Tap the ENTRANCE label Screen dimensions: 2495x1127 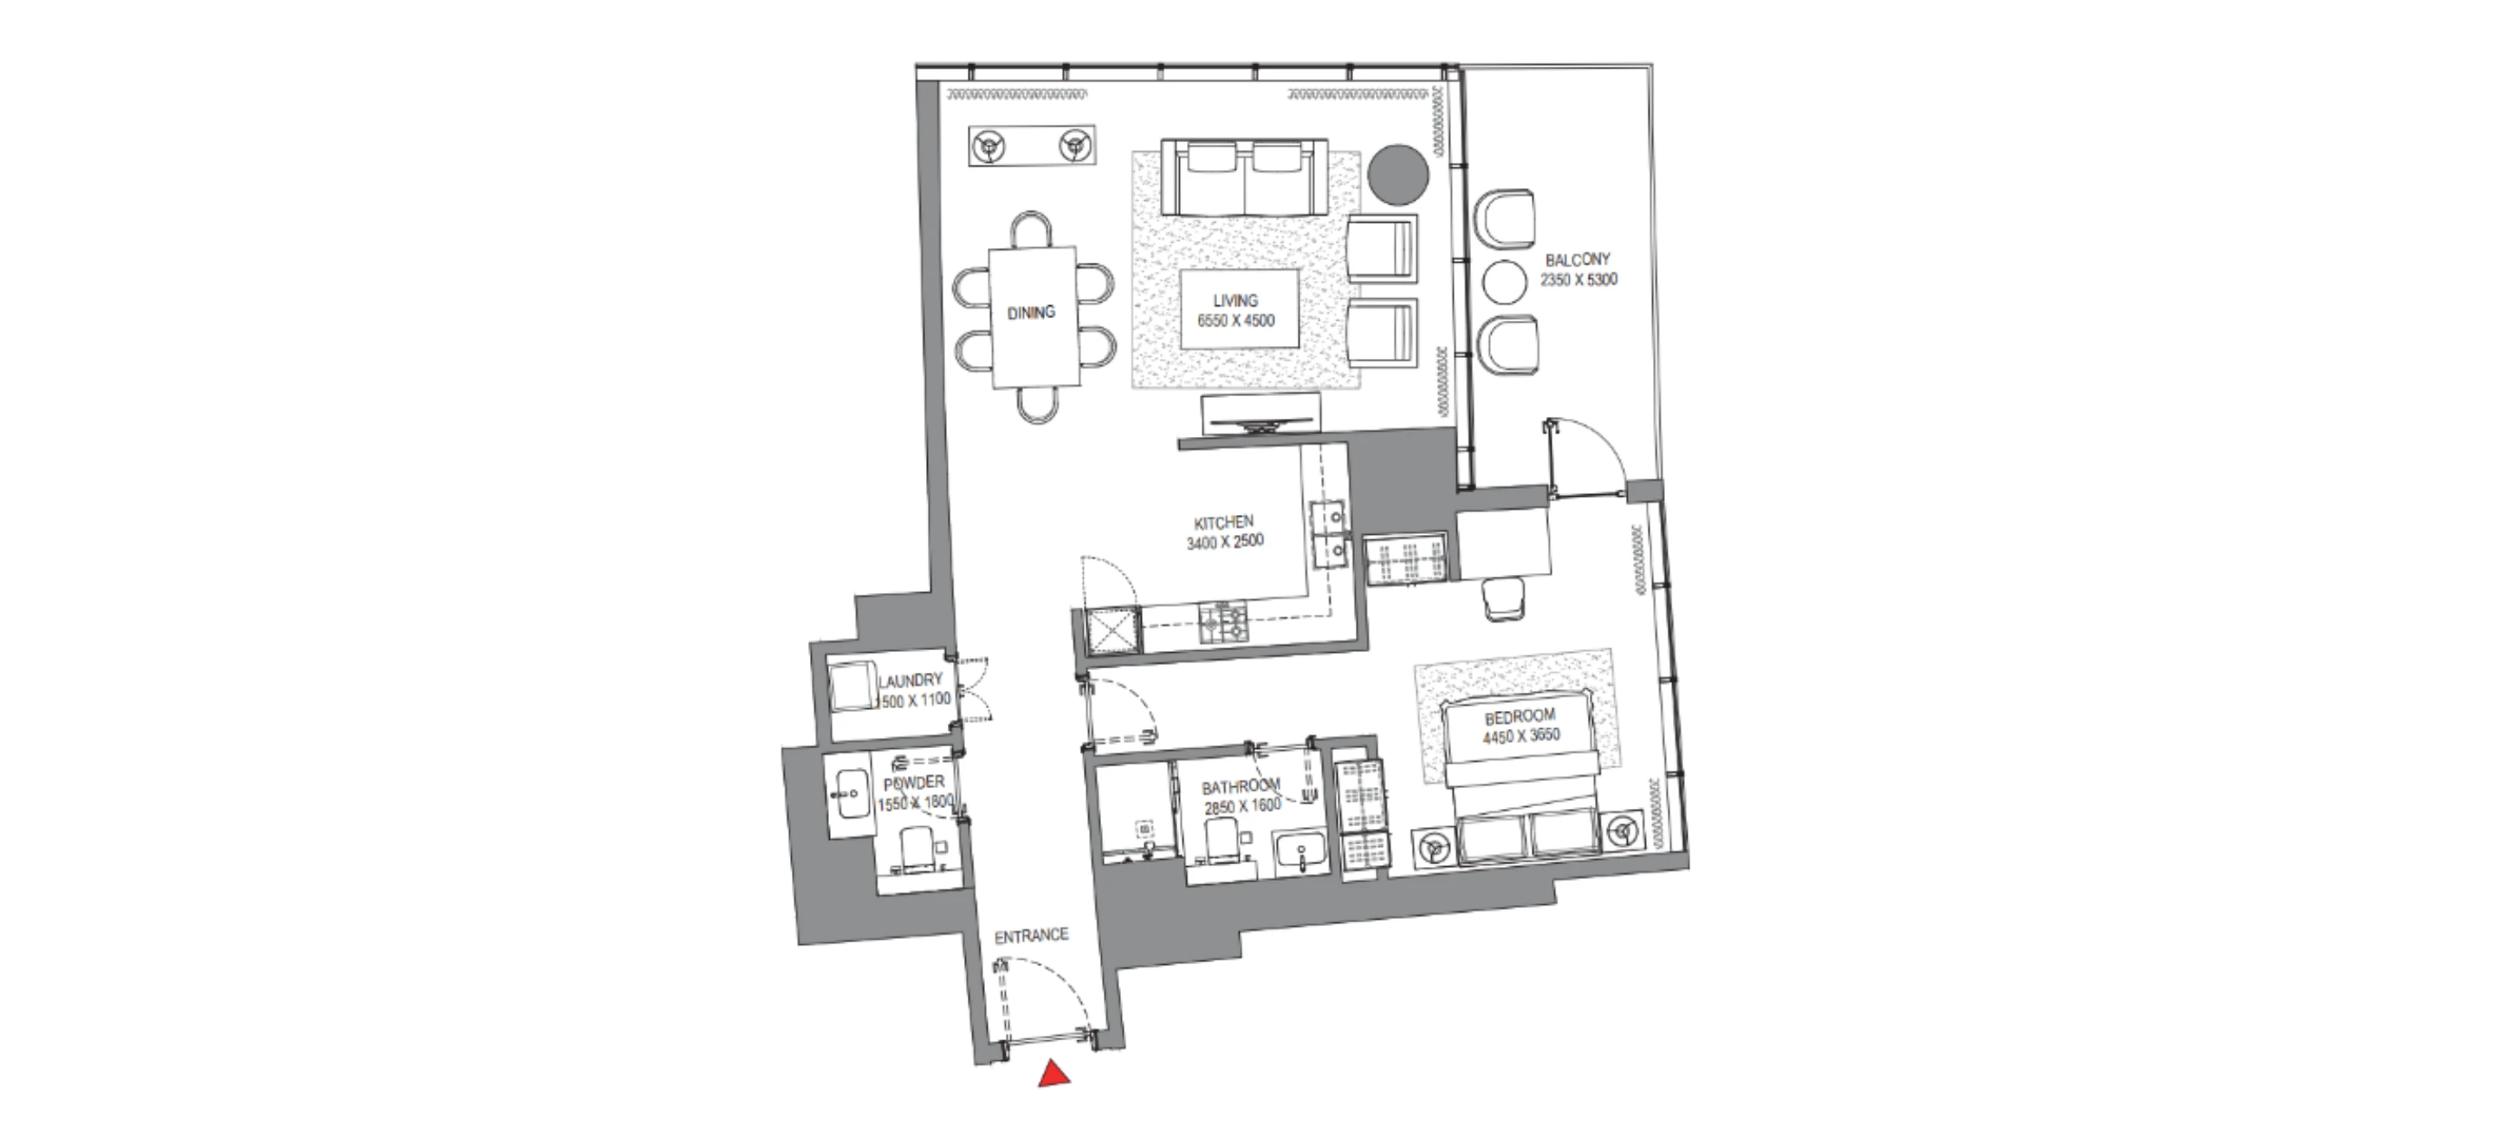(x=1032, y=936)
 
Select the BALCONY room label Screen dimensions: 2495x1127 (x=1578, y=260)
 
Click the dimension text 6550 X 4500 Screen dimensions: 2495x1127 (x=1236, y=321)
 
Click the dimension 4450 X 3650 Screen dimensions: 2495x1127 (x=1520, y=735)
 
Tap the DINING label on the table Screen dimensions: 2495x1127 (x=1031, y=312)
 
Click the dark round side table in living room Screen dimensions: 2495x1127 (x=1398, y=175)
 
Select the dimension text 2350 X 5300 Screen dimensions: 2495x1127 (x=1578, y=280)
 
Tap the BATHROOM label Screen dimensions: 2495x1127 (x=1241, y=786)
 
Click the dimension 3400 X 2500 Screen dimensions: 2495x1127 (x=1225, y=542)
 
